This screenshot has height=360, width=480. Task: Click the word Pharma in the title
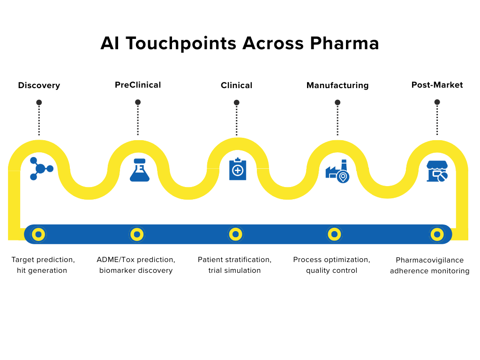click(345, 43)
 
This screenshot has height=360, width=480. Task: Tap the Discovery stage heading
click(39, 85)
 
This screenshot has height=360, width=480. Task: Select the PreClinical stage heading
click(138, 85)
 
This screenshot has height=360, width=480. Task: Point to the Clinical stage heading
click(236, 85)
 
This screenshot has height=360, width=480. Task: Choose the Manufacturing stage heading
click(337, 85)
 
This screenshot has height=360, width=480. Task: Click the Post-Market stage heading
click(437, 85)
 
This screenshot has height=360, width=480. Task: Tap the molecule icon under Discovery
click(40, 169)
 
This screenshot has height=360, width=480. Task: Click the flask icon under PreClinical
click(140, 170)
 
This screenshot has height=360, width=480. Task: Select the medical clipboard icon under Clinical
click(238, 169)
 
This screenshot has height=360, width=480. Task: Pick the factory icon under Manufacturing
click(337, 171)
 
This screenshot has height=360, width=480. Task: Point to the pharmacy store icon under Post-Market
click(437, 171)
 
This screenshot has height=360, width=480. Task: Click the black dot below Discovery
click(39, 102)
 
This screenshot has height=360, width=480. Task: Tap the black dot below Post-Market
click(437, 102)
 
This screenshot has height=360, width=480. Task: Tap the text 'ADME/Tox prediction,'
click(136, 260)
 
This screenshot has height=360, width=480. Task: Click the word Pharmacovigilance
click(429, 260)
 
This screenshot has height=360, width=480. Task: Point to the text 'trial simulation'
click(234, 270)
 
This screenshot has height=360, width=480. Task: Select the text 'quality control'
click(331, 270)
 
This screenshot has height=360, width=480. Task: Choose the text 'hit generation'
click(42, 270)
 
